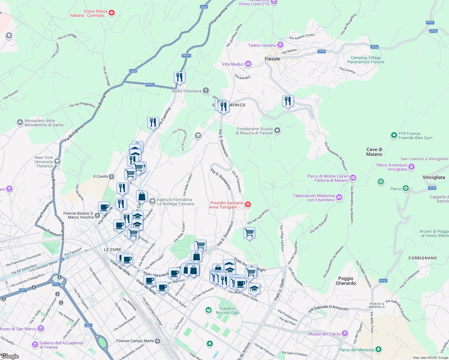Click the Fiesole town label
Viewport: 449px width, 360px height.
pyautogui.click(x=272, y=59)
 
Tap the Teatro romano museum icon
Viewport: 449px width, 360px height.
pyautogui.click(x=280, y=45)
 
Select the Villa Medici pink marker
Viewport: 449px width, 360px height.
pyautogui.click(x=248, y=64)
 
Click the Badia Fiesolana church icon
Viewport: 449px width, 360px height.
pyautogui.click(x=206, y=91)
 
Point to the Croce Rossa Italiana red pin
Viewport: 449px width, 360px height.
pyautogui.click(x=112, y=13)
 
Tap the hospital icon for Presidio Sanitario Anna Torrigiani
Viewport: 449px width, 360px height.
pyautogui.click(x=248, y=205)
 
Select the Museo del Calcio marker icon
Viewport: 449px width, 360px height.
pyautogui.click(x=345, y=334)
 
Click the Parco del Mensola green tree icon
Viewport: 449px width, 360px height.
pyautogui.click(x=378, y=349)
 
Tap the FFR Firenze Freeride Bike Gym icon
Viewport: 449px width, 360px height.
pyautogui.click(x=394, y=135)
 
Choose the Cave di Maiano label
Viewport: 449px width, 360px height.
pyautogui.click(x=374, y=152)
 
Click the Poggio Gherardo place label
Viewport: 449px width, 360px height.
pyautogui.click(x=346, y=281)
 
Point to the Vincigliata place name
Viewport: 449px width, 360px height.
pyautogui.click(x=434, y=177)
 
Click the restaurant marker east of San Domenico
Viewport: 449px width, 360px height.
pyautogui.click(x=288, y=101)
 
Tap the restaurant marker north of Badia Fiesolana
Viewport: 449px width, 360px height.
pyautogui.click(x=179, y=77)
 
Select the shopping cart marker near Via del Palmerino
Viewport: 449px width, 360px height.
pyautogui.click(x=249, y=232)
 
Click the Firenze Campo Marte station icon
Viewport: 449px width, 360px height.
pyautogui.click(x=158, y=341)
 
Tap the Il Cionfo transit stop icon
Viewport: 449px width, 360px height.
pyautogui.click(x=111, y=176)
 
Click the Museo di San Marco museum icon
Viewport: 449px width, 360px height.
pyautogui.click(x=41, y=329)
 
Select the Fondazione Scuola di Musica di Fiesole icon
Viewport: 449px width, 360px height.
pyautogui.click(x=277, y=130)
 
